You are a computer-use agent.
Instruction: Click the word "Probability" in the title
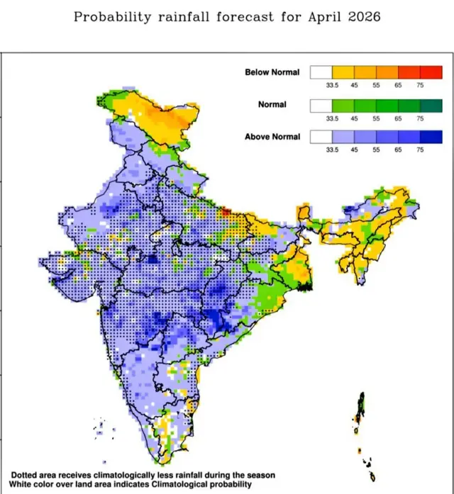[111, 16]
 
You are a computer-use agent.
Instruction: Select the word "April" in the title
[306, 16]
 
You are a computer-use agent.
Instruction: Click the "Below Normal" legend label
[272, 72]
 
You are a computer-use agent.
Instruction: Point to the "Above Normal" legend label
[272, 137]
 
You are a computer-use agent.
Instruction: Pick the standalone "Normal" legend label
[272, 105]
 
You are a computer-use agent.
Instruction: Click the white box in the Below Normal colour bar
[321, 72]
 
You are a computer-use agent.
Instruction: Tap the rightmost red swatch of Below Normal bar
[431, 72]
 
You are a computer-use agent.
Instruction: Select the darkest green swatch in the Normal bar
[431, 105]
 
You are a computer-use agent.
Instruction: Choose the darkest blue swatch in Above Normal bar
[431, 137]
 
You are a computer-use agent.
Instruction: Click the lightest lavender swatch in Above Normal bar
[343, 137]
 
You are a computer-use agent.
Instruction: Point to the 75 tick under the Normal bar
[420, 118]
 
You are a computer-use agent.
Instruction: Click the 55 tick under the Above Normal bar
[376, 150]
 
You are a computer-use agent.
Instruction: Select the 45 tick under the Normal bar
[354, 118]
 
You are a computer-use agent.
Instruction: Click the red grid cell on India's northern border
[226, 211]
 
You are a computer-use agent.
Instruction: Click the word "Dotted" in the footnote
[26, 473]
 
